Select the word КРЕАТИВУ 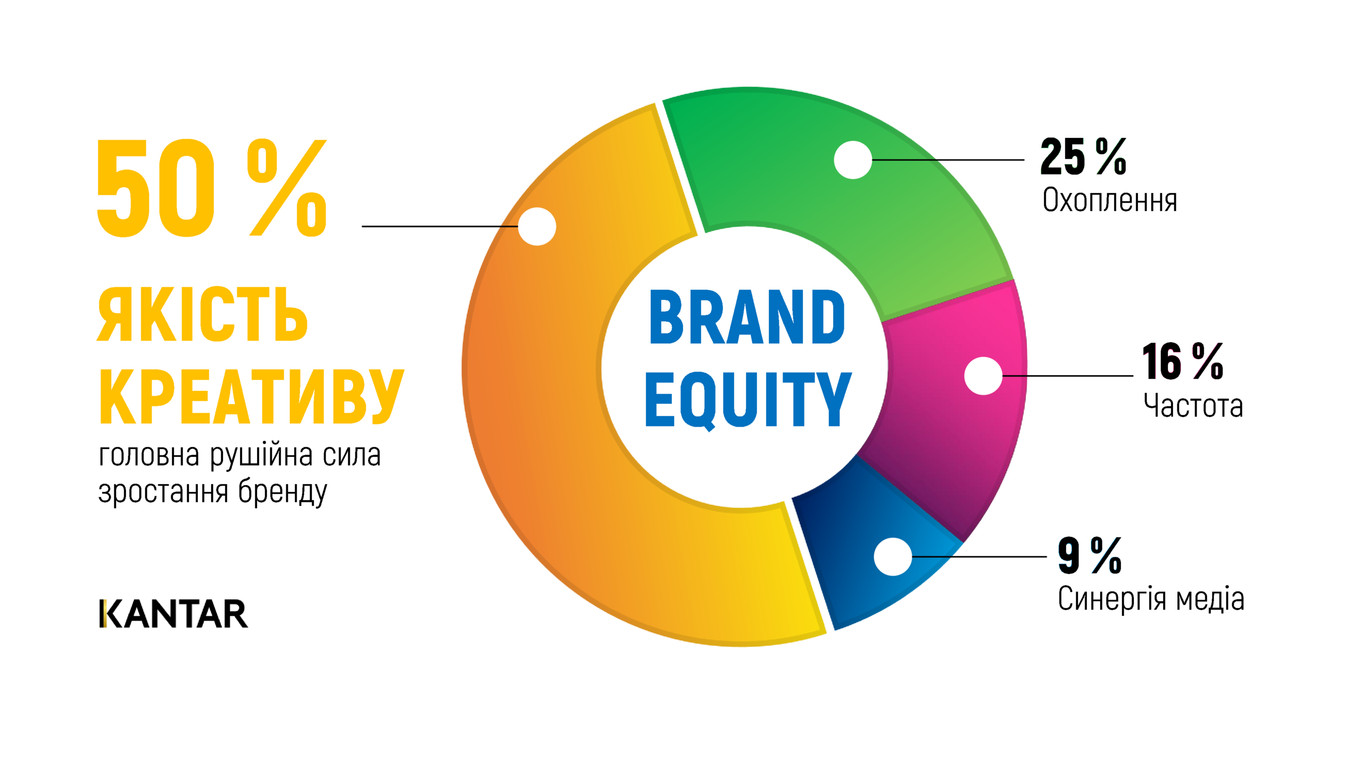coord(252,397)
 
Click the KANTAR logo coord(173,613)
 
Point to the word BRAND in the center coord(746,317)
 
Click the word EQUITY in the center coord(748,400)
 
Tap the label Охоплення coord(1110,200)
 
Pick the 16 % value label coord(1182,361)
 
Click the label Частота coord(1193,405)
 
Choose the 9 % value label coord(1090,555)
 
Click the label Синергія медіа coord(1151,599)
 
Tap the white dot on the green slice coord(853,160)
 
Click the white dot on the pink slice coord(983,376)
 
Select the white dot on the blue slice coord(893,556)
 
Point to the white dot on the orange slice coord(537,226)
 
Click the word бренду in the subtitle coord(283,491)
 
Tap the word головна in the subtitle coord(149,456)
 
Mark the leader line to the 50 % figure coord(440,226)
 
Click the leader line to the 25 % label coord(948,160)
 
